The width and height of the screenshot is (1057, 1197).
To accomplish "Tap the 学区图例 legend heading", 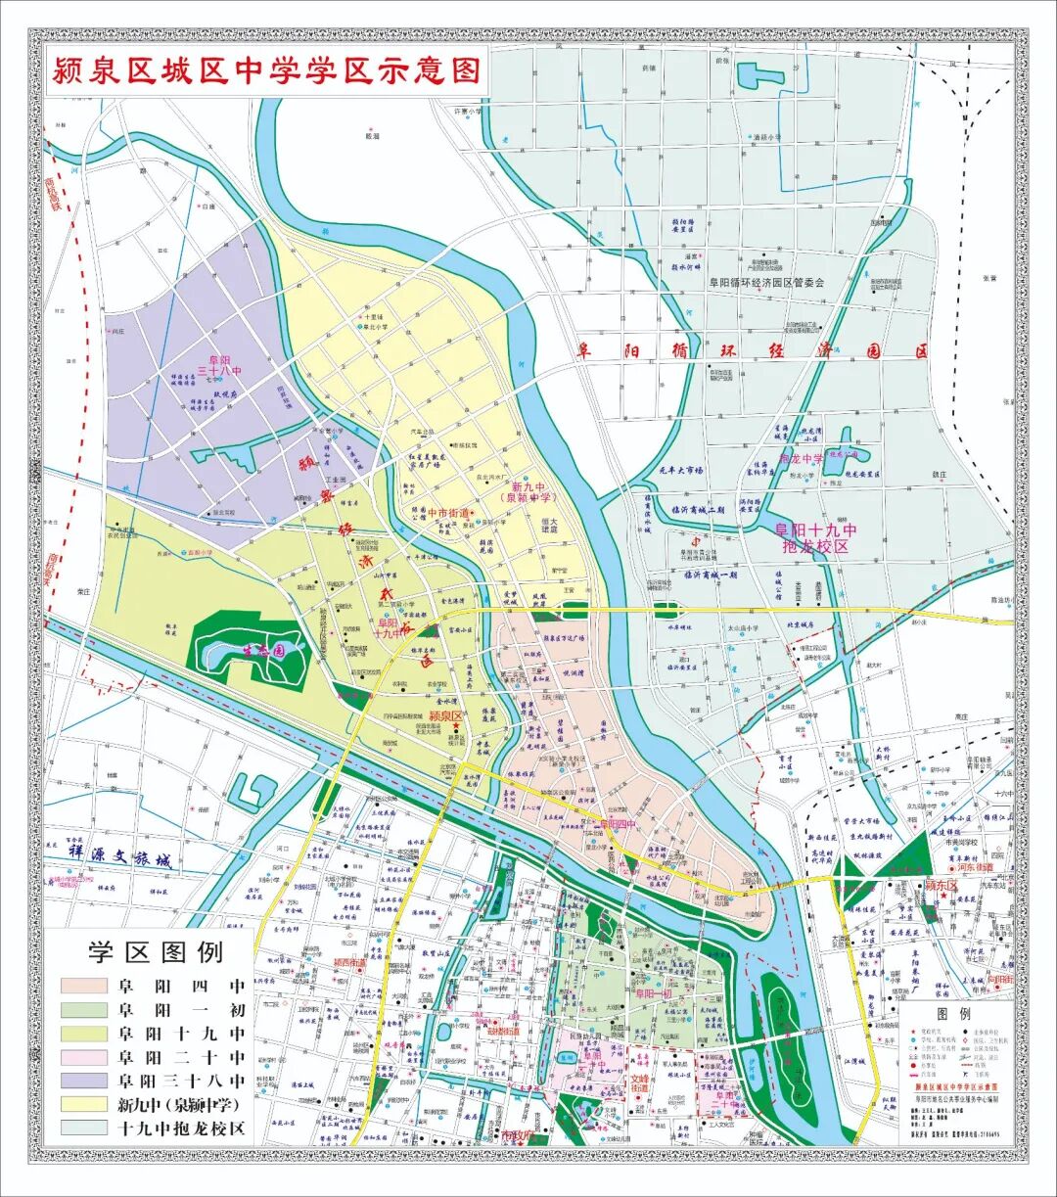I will click(156, 951).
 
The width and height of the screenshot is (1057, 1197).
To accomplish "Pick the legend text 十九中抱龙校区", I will click(181, 1128).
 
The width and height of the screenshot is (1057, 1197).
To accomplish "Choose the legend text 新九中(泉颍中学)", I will click(181, 1104).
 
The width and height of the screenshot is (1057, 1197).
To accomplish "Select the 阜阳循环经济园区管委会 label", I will click(767, 283).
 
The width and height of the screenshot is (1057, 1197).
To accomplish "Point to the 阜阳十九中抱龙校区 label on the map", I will click(815, 538).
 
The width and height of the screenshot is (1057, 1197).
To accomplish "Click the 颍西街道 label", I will click(348, 962).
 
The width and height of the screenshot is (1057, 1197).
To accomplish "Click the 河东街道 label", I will click(975, 867).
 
